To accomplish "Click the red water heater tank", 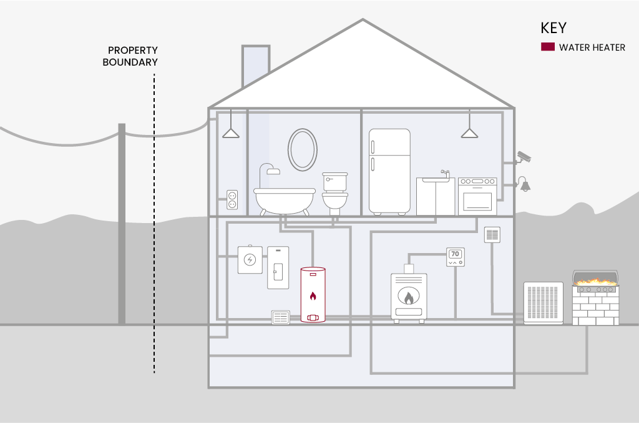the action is (x=313, y=294).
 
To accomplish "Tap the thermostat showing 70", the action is (x=455, y=257).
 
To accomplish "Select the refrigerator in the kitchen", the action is (x=389, y=172).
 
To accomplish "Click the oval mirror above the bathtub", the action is (x=303, y=150).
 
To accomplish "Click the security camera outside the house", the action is (x=524, y=157).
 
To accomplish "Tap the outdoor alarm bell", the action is (x=524, y=184).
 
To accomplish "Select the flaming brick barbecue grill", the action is (x=595, y=297).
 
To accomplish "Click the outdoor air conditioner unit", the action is (x=544, y=303).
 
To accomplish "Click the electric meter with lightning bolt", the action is (x=250, y=259).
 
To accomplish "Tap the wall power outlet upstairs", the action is (x=232, y=200).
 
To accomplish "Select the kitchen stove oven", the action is (x=477, y=196).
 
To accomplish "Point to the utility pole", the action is (x=122, y=224).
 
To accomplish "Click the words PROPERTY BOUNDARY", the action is (x=130, y=56).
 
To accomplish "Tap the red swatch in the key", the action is (x=548, y=47).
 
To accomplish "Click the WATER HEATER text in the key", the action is (x=592, y=47).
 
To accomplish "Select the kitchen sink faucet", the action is (x=445, y=174).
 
